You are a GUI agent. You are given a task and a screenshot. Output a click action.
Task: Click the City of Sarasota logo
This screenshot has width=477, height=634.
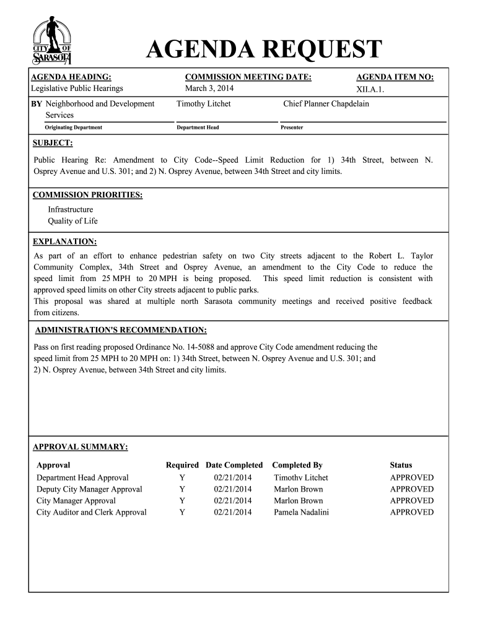click(52, 41)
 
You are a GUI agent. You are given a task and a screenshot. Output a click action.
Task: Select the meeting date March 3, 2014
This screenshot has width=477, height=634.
click(209, 89)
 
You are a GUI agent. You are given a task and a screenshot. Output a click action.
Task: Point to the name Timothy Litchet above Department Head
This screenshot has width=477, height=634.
click(203, 103)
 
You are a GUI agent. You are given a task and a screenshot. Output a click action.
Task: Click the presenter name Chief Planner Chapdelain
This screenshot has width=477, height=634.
click(326, 103)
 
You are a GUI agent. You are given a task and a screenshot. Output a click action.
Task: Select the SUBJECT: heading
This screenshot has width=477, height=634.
click(53, 144)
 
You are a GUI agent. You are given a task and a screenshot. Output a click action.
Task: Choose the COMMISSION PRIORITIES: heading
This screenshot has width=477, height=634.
click(87, 195)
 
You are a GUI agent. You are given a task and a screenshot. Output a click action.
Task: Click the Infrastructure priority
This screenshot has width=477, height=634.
click(71, 209)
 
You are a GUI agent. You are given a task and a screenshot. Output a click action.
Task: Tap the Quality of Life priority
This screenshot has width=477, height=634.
click(72, 221)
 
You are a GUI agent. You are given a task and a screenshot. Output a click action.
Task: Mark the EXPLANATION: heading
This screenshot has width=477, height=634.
click(64, 241)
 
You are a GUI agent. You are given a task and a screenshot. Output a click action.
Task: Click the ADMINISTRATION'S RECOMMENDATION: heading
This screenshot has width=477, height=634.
click(121, 330)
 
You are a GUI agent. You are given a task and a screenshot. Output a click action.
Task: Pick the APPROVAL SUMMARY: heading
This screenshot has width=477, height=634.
click(81, 446)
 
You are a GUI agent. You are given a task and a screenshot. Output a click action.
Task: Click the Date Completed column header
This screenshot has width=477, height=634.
click(234, 465)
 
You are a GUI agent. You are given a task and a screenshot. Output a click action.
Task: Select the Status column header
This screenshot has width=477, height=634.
click(401, 465)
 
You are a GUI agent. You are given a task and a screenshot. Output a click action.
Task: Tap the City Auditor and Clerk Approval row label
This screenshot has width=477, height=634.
click(92, 512)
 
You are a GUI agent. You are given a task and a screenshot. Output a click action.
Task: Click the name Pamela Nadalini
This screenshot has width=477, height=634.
click(302, 512)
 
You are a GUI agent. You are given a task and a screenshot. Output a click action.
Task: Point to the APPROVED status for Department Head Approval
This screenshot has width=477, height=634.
click(411, 477)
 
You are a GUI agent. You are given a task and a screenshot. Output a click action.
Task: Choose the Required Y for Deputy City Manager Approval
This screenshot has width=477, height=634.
click(182, 489)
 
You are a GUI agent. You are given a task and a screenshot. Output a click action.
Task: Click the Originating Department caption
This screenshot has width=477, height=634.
click(73, 128)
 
